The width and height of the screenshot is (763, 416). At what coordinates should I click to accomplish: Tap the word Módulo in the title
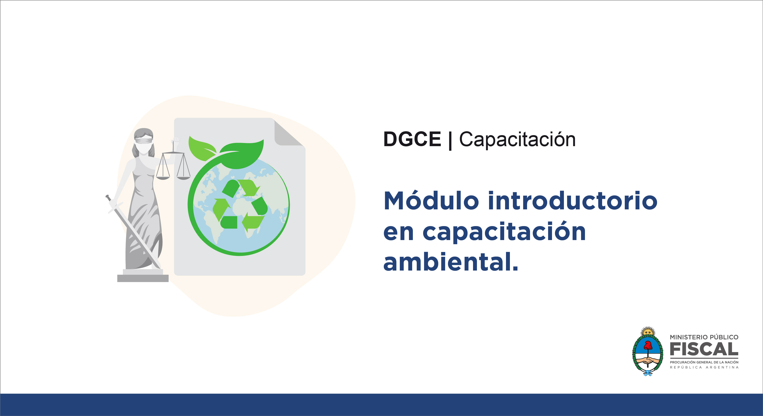point(431,200)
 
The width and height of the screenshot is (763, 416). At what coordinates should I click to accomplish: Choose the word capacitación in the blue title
point(504,232)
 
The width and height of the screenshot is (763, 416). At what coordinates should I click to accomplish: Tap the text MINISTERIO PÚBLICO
point(704,337)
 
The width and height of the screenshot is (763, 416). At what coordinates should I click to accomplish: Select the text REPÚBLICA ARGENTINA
point(704,367)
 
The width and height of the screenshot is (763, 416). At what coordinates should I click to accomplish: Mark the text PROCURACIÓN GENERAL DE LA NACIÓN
point(704,362)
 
